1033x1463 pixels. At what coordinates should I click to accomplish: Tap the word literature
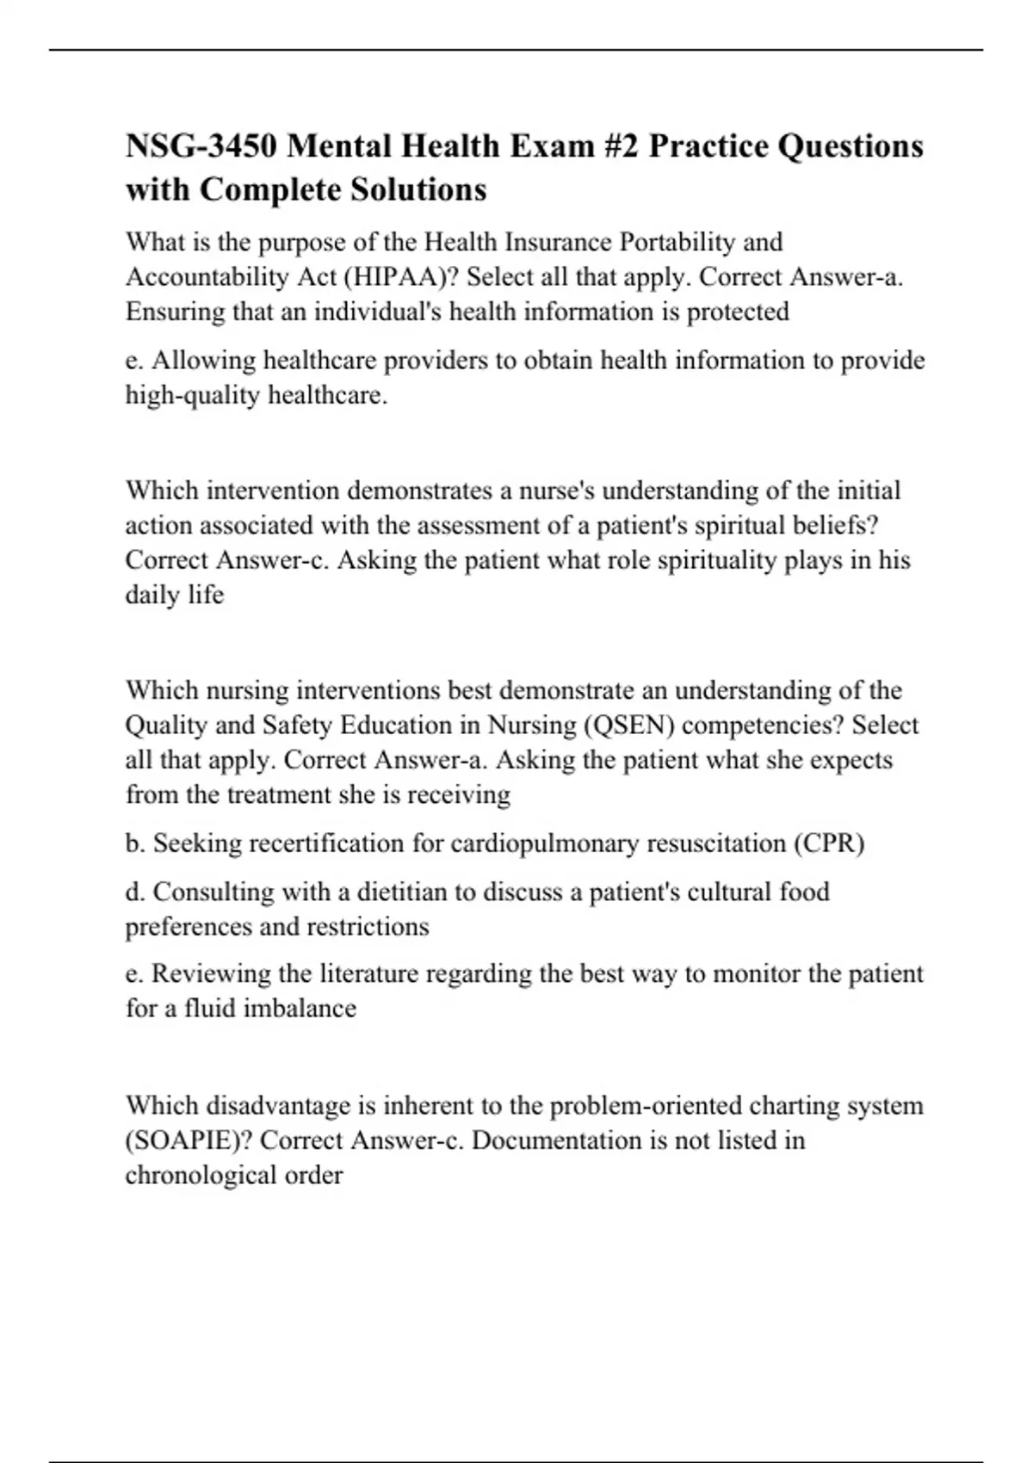click(x=370, y=973)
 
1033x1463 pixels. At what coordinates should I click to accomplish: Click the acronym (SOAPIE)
click(x=189, y=1140)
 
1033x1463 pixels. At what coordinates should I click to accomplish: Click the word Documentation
click(x=559, y=1140)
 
